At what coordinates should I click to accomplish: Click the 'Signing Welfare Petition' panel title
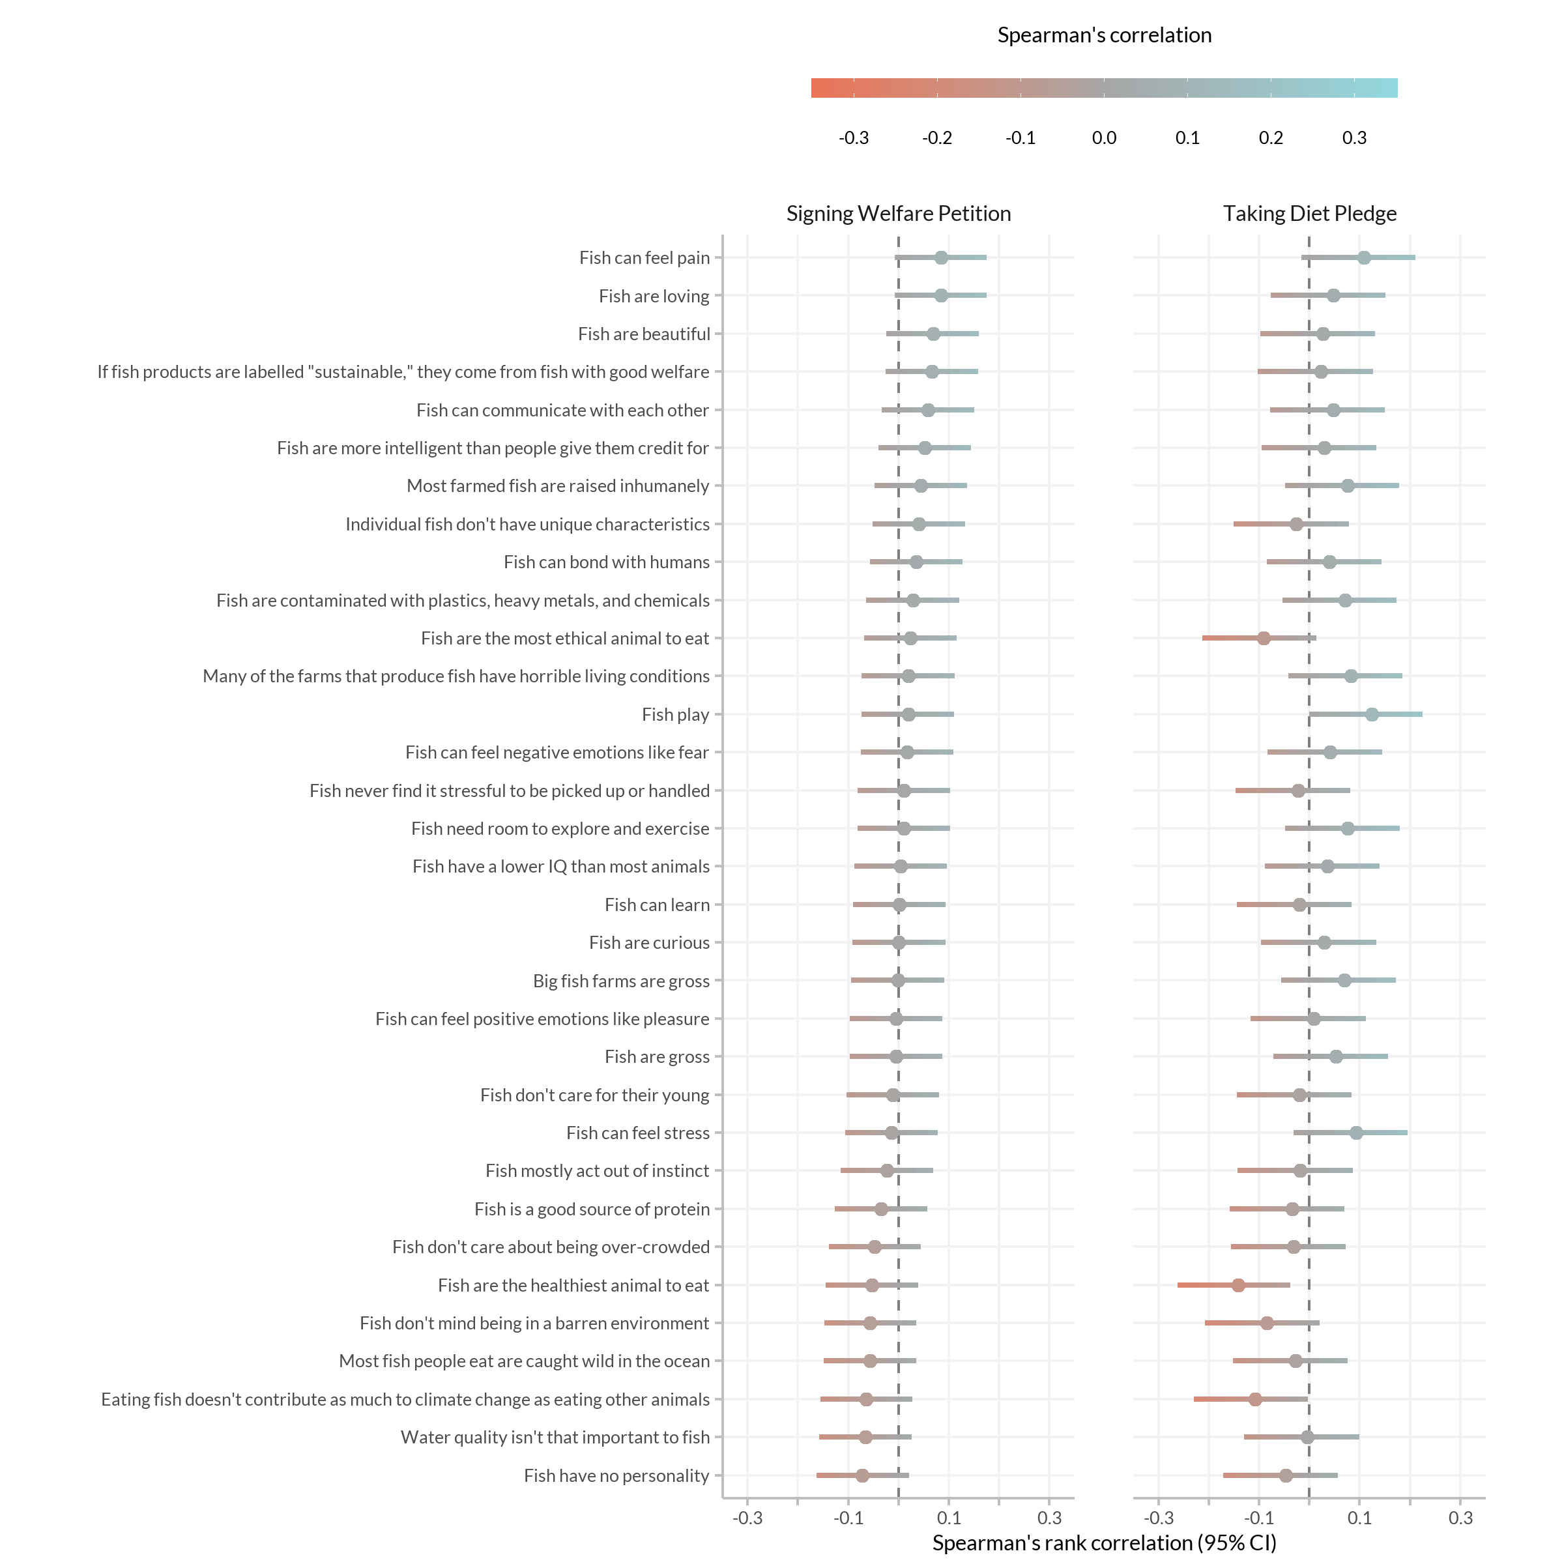point(899,214)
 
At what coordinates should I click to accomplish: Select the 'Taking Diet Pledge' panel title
point(1310,214)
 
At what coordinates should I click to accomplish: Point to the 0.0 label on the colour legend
point(1104,138)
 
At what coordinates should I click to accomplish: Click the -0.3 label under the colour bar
point(854,138)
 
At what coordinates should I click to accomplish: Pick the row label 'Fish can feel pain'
point(644,258)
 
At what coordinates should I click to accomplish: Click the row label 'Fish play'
point(676,715)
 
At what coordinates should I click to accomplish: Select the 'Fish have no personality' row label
point(617,1476)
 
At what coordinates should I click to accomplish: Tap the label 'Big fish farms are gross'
point(622,981)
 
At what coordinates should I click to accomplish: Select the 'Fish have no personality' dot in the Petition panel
point(862,1476)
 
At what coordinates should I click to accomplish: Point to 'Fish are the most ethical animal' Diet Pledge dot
point(1264,639)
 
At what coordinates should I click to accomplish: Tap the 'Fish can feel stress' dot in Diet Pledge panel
point(1357,1133)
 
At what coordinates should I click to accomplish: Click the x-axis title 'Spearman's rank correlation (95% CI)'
point(1104,1543)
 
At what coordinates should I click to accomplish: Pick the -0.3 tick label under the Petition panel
point(747,1518)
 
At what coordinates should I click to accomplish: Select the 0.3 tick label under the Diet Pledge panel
point(1460,1518)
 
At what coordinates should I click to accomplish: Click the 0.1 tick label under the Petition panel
point(949,1518)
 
